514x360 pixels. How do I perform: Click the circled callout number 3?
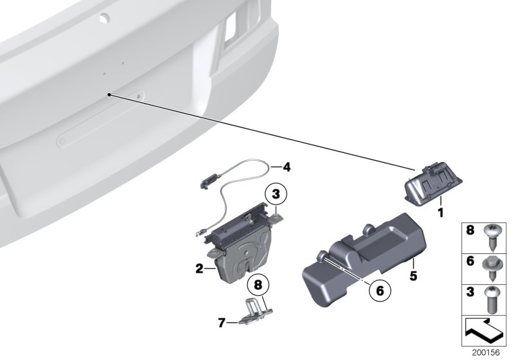point(275,193)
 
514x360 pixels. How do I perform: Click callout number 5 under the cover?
point(414,278)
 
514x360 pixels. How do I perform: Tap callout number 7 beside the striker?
point(222,321)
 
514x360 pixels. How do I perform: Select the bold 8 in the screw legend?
point(469,230)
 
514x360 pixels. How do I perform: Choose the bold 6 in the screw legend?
point(469,262)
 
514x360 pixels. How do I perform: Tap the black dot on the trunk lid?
point(111,95)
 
